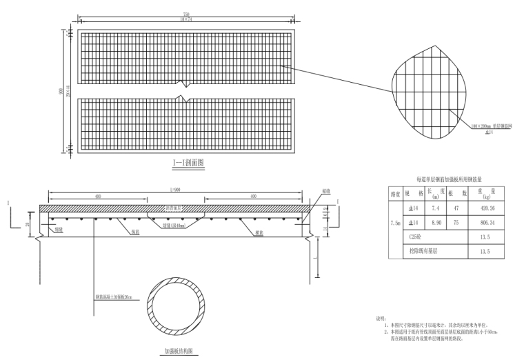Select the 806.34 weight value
tap(486, 222)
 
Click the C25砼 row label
tap(415, 237)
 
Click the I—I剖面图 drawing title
tap(188, 163)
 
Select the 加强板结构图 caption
tap(179, 352)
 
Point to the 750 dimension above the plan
tap(187, 14)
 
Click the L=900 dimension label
tap(175, 189)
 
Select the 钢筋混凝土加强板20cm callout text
tap(119, 298)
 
